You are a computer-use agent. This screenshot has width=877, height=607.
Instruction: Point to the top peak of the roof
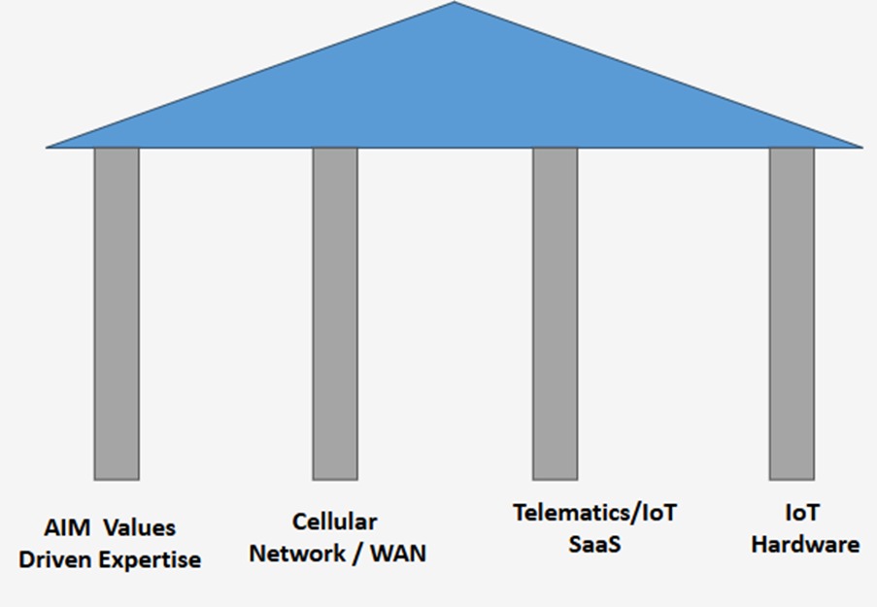[455, 5]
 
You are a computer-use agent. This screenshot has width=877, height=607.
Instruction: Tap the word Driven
[57, 560]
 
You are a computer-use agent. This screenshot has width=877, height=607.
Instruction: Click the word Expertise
[150, 560]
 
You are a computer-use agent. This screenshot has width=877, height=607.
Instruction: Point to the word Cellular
[335, 523]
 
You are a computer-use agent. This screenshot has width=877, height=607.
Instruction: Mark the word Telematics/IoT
[594, 513]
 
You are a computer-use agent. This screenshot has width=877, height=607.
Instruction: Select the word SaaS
[594, 544]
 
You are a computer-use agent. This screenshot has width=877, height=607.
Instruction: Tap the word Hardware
[805, 544]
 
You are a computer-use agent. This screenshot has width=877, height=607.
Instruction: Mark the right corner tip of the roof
[860, 147]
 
